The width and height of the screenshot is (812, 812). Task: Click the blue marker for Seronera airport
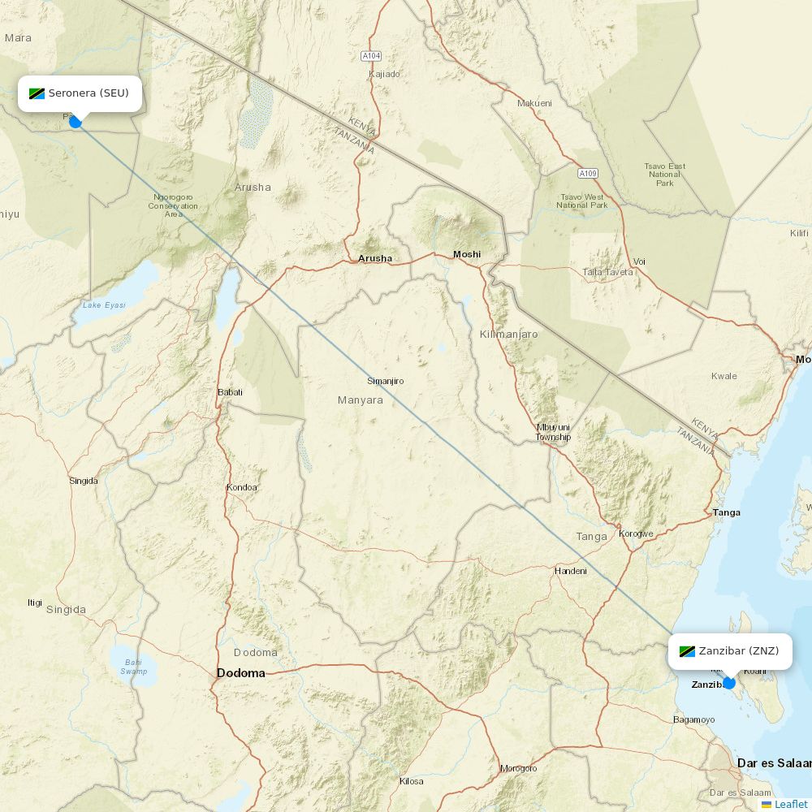point(76,122)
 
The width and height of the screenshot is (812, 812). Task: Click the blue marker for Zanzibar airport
point(729,683)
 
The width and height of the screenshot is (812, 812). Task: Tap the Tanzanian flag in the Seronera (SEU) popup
point(37,93)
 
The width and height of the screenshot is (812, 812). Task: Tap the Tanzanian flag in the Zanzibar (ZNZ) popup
point(687,651)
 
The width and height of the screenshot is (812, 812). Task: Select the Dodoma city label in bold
point(240,673)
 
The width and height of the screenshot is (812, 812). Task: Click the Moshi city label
point(467,254)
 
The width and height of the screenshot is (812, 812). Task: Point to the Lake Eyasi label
point(104,305)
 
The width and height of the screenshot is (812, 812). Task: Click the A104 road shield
point(370,56)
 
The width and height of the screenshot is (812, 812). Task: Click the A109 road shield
point(588,174)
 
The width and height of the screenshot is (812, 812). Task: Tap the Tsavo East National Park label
point(665,175)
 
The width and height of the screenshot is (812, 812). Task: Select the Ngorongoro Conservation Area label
point(172,205)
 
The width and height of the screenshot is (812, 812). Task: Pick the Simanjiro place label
point(385,381)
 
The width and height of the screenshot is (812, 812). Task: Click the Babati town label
point(230,392)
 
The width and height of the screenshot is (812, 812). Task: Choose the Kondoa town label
point(241,487)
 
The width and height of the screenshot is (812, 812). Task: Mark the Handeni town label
point(570,571)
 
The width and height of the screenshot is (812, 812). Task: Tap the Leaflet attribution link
point(790,804)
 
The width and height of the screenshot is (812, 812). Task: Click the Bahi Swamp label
point(134,667)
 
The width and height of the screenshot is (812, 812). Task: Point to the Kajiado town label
point(384,74)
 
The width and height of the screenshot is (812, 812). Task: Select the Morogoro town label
point(518,768)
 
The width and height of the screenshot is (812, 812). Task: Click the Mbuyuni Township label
point(553,432)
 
